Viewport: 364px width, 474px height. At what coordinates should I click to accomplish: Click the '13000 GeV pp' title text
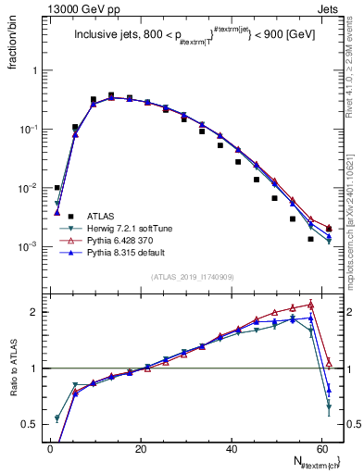[x=69, y=8]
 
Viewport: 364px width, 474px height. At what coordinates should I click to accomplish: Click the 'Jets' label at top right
[x=328, y=8]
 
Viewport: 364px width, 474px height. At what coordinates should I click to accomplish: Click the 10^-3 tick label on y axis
[x=24, y=247]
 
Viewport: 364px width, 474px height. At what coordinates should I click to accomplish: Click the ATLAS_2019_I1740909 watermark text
[x=185, y=277]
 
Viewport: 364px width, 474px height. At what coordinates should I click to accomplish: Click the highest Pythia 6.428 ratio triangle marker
[x=311, y=304]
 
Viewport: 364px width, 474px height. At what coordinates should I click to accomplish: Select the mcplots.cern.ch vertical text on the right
[x=356, y=185]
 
